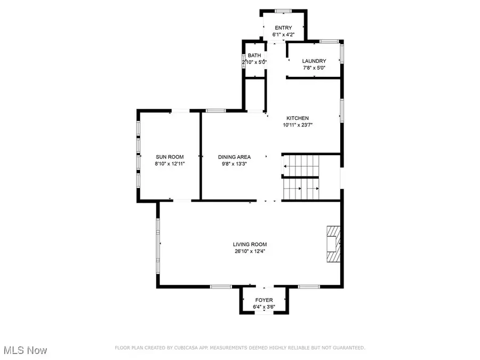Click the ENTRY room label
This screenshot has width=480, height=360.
[x=283, y=28]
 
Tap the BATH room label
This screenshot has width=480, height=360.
[x=254, y=55]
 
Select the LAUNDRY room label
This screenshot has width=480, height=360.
[x=314, y=61]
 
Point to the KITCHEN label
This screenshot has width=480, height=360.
[x=298, y=118]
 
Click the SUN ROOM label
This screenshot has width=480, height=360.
[x=170, y=157]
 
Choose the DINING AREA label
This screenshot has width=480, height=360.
[x=234, y=157]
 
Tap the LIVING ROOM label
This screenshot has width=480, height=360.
[x=250, y=244]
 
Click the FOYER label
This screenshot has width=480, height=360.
[x=264, y=300]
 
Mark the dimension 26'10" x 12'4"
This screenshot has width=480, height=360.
[x=250, y=251]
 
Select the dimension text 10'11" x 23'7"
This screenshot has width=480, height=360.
[x=298, y=125]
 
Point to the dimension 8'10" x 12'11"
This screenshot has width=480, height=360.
[x=170, y=164]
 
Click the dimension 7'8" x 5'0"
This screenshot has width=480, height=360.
[x=314, y=68]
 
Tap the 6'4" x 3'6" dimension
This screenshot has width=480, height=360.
[x=264, y=307]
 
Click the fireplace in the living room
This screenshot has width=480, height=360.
[x=334, y=244]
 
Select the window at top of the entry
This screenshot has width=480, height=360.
[x=283, y=11]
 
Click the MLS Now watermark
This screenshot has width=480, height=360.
[x=26, y=350]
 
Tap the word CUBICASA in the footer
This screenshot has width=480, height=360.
[x=186, y=348]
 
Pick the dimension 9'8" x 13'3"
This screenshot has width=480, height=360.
[x=234, y=164]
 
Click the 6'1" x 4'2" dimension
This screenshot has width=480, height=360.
[x=283, y=35]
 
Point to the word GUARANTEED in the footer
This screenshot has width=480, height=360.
[x=348, y=348]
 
